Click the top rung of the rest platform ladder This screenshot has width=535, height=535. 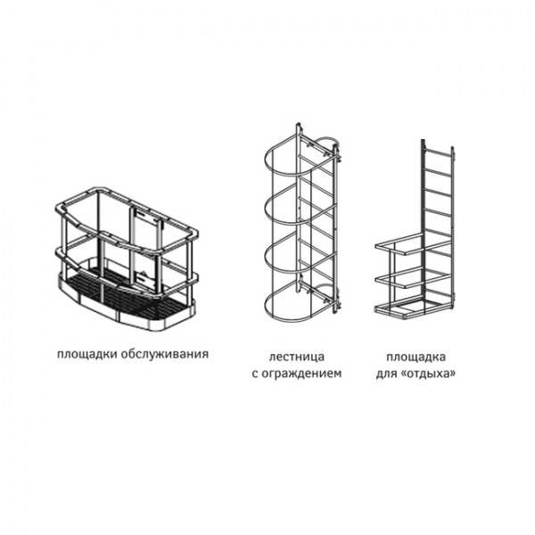pyautogui.click(x=437, y=157)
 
